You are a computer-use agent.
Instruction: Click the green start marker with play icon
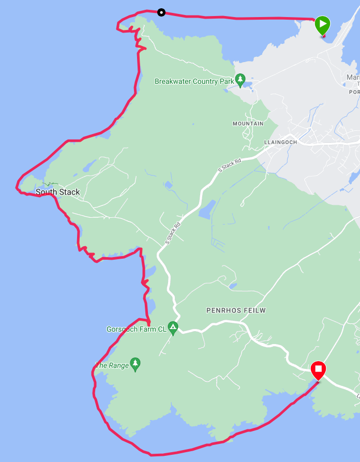(x=322, y=25)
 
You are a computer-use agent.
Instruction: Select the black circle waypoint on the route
(x=161, y=12)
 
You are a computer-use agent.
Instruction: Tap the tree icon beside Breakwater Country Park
(x=240, y=80)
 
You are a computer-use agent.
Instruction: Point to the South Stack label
(x=58, y=192)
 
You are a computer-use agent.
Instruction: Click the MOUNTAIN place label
(x=248, y=124)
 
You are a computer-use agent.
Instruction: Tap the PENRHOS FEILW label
(x=236, y=310)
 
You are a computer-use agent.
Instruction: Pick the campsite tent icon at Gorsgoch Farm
(x=173, y=327)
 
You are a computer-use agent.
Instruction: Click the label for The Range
(x=112, y=365)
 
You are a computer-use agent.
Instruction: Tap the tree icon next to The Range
(x=136, y=364)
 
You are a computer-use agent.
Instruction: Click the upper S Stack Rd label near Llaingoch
(x=230, y=166)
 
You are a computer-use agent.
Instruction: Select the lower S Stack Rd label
(x=173, y=233)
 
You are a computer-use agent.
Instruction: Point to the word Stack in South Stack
(x=69, y=192)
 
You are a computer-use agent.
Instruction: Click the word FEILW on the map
(x=253, y=310)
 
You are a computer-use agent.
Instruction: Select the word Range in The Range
(x=118, y=365)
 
